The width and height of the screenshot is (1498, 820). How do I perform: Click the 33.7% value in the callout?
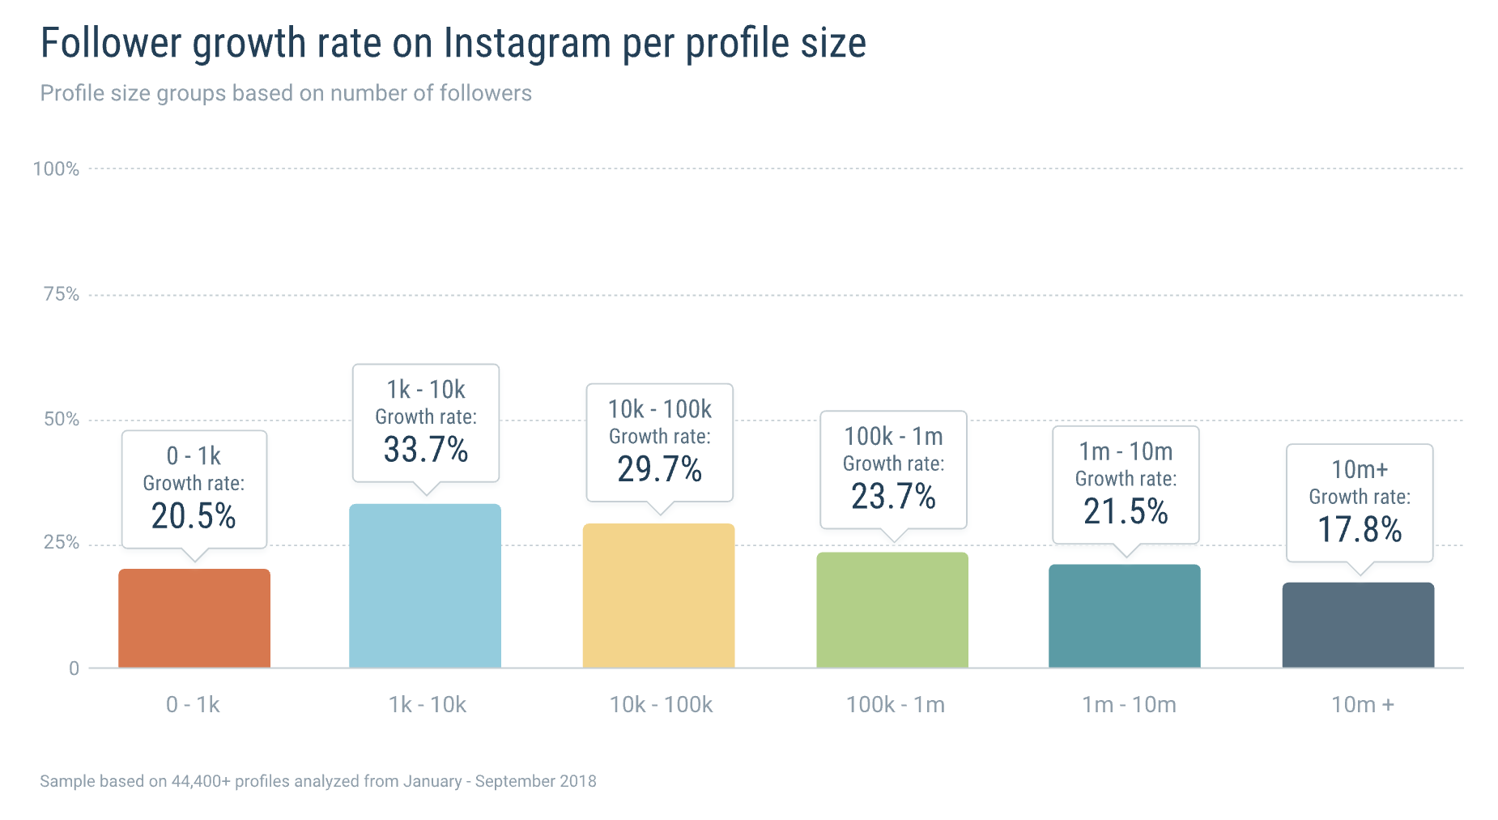point(426,450)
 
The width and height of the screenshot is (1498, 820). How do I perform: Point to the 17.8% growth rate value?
point(1360,530)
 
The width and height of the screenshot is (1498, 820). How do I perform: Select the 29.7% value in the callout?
point(659,469)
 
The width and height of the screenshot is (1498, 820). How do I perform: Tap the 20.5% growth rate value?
point(194,516)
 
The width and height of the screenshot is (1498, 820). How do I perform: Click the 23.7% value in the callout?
point(893,497)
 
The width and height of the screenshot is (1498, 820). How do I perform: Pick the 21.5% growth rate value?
point(1126,511)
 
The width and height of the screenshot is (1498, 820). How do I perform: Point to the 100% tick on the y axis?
point(56,169)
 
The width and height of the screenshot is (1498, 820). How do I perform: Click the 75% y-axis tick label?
point(62,294)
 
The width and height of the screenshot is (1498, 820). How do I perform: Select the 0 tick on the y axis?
point(74,668)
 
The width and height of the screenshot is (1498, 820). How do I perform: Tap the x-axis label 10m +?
point(1363,705)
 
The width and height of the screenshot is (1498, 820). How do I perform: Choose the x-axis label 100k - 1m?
point(895,705)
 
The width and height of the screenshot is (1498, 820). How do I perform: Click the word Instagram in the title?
point(527,44)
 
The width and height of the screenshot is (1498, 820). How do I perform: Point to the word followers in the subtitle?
point(486,93)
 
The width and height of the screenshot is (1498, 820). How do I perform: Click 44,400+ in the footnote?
point(201,781)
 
